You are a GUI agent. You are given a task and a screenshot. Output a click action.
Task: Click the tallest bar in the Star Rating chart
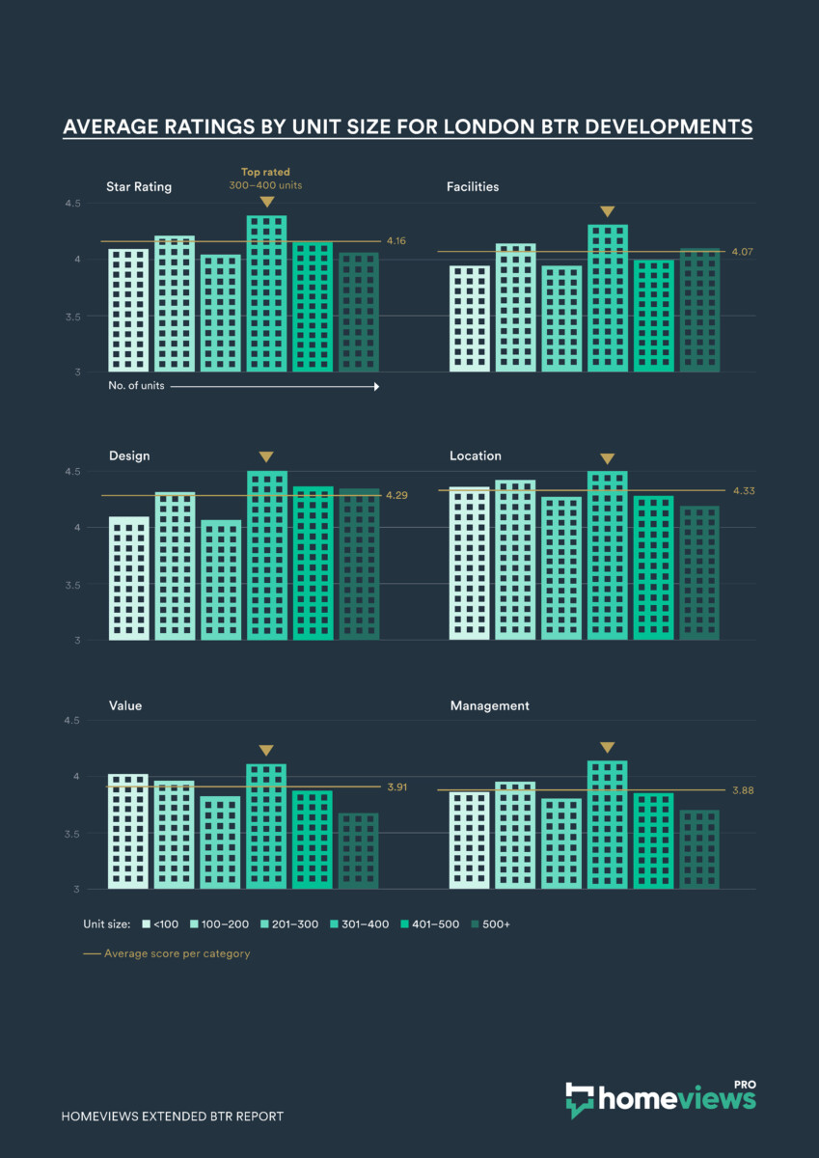coord(267,293)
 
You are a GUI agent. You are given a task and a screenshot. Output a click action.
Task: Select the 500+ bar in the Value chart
coord(359,851)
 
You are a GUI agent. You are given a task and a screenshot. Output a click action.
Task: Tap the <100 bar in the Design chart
coord(128,578)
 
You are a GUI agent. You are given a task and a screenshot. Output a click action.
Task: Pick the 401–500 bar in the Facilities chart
coord(653,316)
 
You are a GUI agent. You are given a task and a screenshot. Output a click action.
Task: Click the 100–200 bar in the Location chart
coord(515,560)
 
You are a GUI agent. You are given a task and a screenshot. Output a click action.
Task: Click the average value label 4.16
coord(396,241)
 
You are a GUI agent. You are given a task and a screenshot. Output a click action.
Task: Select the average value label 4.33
coord(743,491)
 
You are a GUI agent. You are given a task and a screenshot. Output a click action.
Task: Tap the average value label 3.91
coord(396,787)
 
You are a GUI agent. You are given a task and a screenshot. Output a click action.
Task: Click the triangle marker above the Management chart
coord(607,747)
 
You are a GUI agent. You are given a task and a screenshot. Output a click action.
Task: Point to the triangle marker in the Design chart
coord(267,456)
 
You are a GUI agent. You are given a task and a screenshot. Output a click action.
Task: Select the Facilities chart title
coord(473,186)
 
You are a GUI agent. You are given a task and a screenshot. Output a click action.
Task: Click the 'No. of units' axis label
coord(135,386)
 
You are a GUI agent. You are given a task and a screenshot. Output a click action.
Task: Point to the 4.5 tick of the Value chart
coord(74,721)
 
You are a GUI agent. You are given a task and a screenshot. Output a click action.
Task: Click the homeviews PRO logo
coord(661,1098)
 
